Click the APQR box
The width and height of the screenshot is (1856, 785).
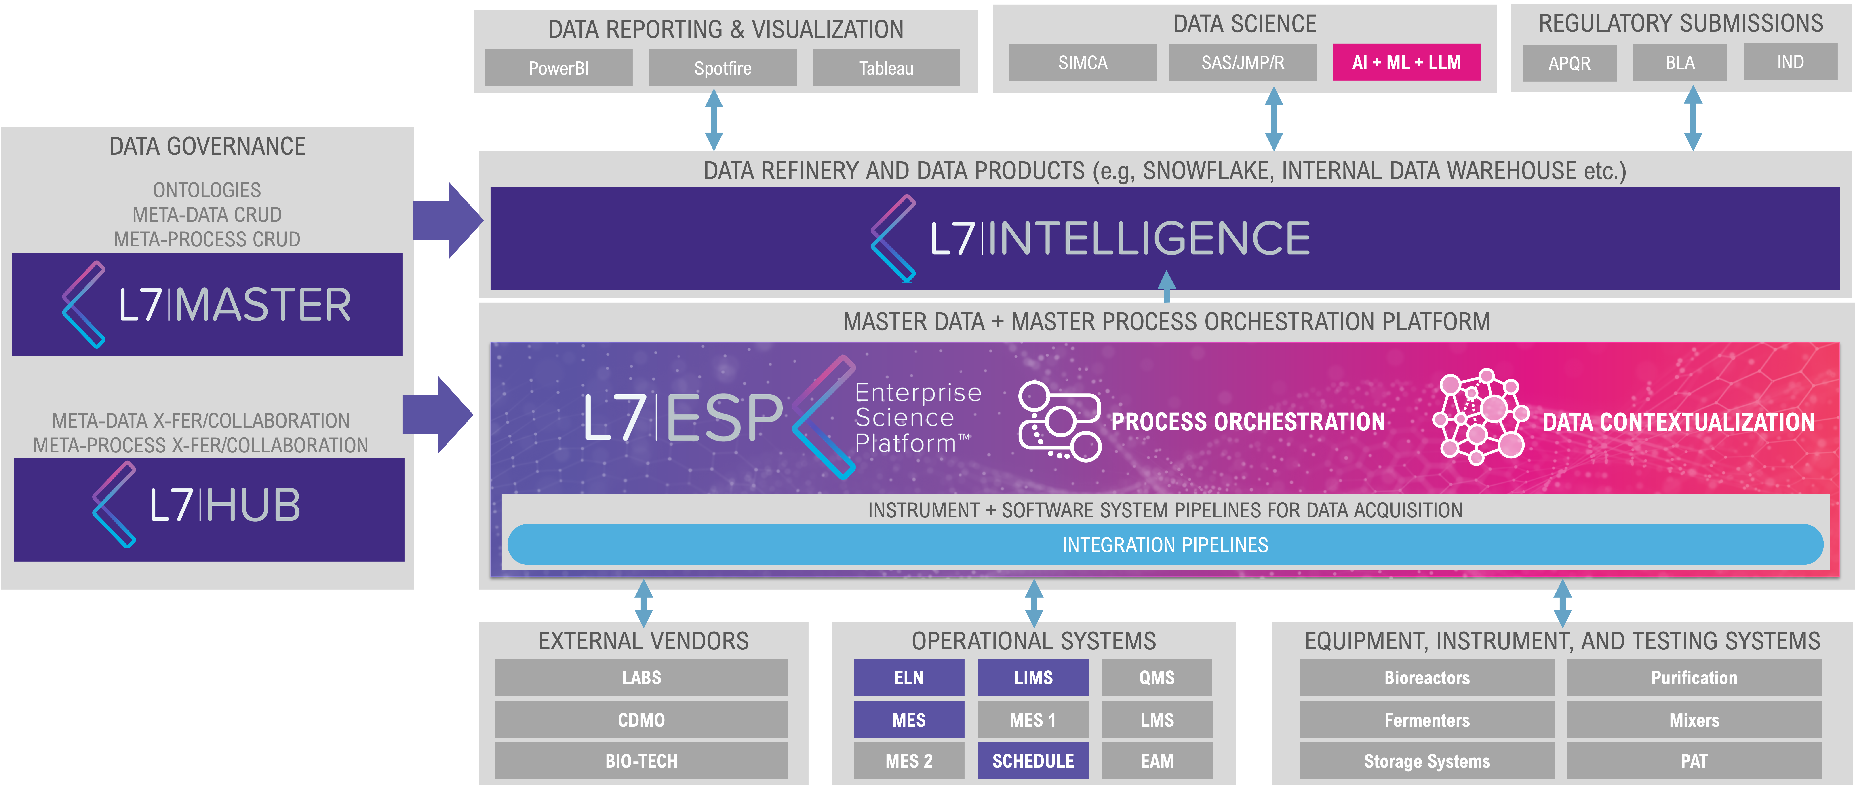click(1569, 63)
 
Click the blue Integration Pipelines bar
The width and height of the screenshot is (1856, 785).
click(1165, 545)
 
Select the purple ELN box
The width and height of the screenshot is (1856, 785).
click(908, 678)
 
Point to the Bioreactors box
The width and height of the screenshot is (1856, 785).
click(1427, 678)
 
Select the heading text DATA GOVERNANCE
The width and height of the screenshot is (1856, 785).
click(208, 146)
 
